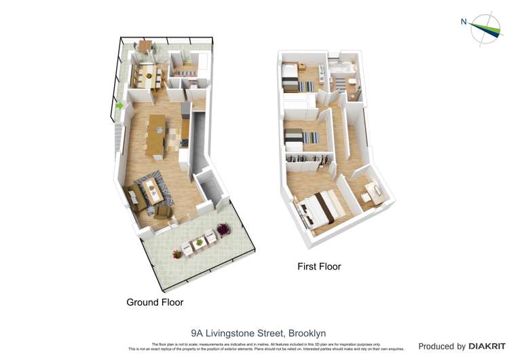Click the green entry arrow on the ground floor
(x=119, y=105)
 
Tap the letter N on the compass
(x=464, y=22)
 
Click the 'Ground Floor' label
(x=155, y=302)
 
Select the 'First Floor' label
(x=319, y=266)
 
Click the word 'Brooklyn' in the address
(x=307, y=334)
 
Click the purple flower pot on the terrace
(x=178, y=254)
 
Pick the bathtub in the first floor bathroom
(x=341, y=67)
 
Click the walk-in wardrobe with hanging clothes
(x=309, y=160)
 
